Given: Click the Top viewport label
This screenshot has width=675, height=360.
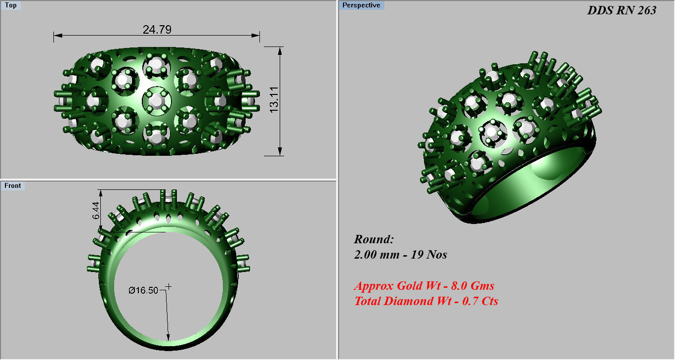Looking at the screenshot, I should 10,5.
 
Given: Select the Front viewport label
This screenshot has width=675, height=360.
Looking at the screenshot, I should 13,186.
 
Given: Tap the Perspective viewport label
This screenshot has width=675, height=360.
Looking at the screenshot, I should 362,5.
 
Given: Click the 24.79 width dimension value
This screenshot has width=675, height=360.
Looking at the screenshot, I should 157,30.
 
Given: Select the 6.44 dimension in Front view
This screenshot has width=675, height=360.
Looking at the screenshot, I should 96,210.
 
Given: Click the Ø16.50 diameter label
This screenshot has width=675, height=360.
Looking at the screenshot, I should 143,290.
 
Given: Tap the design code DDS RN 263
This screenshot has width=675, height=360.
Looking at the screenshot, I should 622,10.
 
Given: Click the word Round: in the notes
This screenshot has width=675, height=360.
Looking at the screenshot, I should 374,240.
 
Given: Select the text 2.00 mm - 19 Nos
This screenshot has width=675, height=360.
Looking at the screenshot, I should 400,255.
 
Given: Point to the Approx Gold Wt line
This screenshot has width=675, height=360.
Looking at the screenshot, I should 424,286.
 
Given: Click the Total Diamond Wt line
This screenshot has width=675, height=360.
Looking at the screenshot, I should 426,301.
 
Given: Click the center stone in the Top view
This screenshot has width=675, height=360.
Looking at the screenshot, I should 157,101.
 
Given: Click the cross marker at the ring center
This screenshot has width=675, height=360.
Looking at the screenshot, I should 169,286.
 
